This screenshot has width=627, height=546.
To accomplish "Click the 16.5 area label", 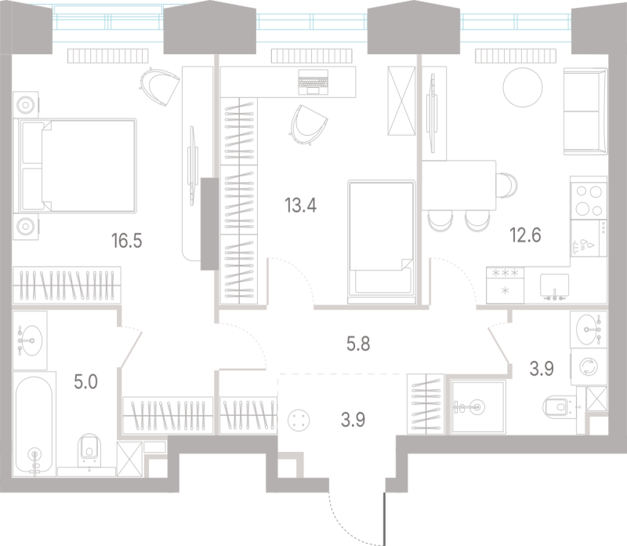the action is coord(127,241).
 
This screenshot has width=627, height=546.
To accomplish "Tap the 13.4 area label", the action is coord(300,206).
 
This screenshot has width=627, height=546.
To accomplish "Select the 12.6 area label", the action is coord(525,235).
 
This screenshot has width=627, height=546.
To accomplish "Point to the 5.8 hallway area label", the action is coord(358,344).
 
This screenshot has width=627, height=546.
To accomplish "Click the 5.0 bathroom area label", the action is coord(85,382).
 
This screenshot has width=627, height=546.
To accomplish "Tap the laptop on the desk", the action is coord(313,82).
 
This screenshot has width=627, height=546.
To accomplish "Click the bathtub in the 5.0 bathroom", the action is coord(34,424).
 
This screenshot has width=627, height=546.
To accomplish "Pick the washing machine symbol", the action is coord(589,366).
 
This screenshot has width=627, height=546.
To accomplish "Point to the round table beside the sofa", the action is coord(523,88).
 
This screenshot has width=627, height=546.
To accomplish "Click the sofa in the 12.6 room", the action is coord(585,111).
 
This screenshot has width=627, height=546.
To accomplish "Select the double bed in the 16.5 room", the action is coord(75,166).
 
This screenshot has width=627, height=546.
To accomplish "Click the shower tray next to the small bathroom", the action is coord(478,406).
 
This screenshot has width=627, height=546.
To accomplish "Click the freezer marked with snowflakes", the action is coord(505,285).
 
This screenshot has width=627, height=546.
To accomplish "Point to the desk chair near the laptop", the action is coord(308,124).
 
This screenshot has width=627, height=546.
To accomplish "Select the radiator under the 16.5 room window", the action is coord(108,56).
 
